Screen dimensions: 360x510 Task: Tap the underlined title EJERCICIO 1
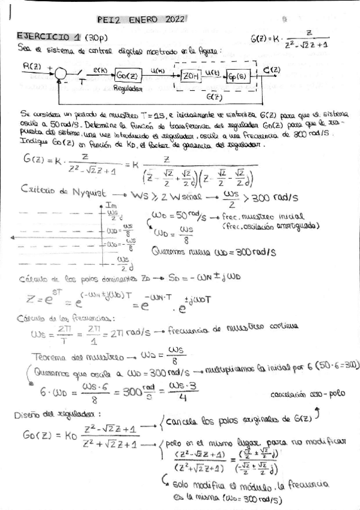[47, 36]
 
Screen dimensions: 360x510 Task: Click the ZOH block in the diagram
[191, 75]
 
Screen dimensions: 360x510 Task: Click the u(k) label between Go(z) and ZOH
[158, 70]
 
